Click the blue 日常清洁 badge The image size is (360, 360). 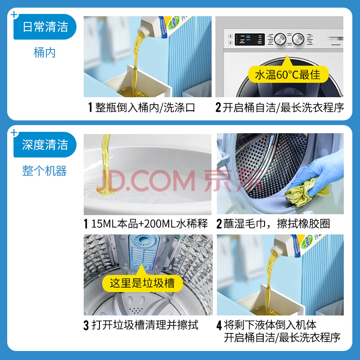coord(45,27)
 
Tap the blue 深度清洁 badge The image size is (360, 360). coord(45,144)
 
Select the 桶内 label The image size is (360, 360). coord(45,53)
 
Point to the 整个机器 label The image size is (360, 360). coord(45,171)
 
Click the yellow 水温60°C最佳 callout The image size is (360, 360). coord(288,74)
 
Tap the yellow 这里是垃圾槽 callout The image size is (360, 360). coord(142,283)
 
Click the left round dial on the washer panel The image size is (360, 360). coord(280,39)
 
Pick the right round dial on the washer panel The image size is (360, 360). coord(298,39)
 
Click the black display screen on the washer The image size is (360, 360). coord(250,39)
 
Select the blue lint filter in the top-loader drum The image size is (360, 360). coord(144,252)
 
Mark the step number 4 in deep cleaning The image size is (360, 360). coord(219,325)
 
